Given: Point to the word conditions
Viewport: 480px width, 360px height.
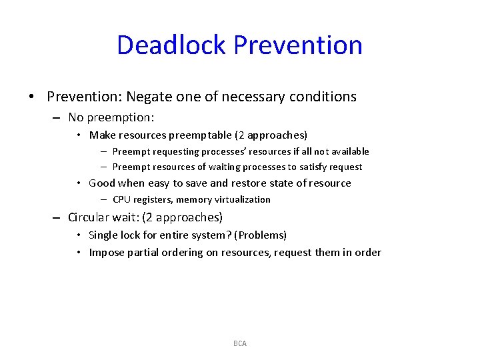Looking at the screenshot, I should coord(323,97).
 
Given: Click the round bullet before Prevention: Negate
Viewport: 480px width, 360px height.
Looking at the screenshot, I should coord(31,97).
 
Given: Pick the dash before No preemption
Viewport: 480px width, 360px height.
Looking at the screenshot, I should coord(56,118).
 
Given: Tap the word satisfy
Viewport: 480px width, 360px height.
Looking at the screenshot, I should coord(310,167).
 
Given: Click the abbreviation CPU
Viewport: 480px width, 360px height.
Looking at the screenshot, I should coord(122,199).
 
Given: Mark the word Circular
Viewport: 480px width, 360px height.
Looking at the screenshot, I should coord(91,217).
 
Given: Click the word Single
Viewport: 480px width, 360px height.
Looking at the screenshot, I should coord(103,235).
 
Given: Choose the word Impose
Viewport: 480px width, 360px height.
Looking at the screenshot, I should coord(105,252).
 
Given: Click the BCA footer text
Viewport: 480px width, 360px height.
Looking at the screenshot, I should coord(240,343).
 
